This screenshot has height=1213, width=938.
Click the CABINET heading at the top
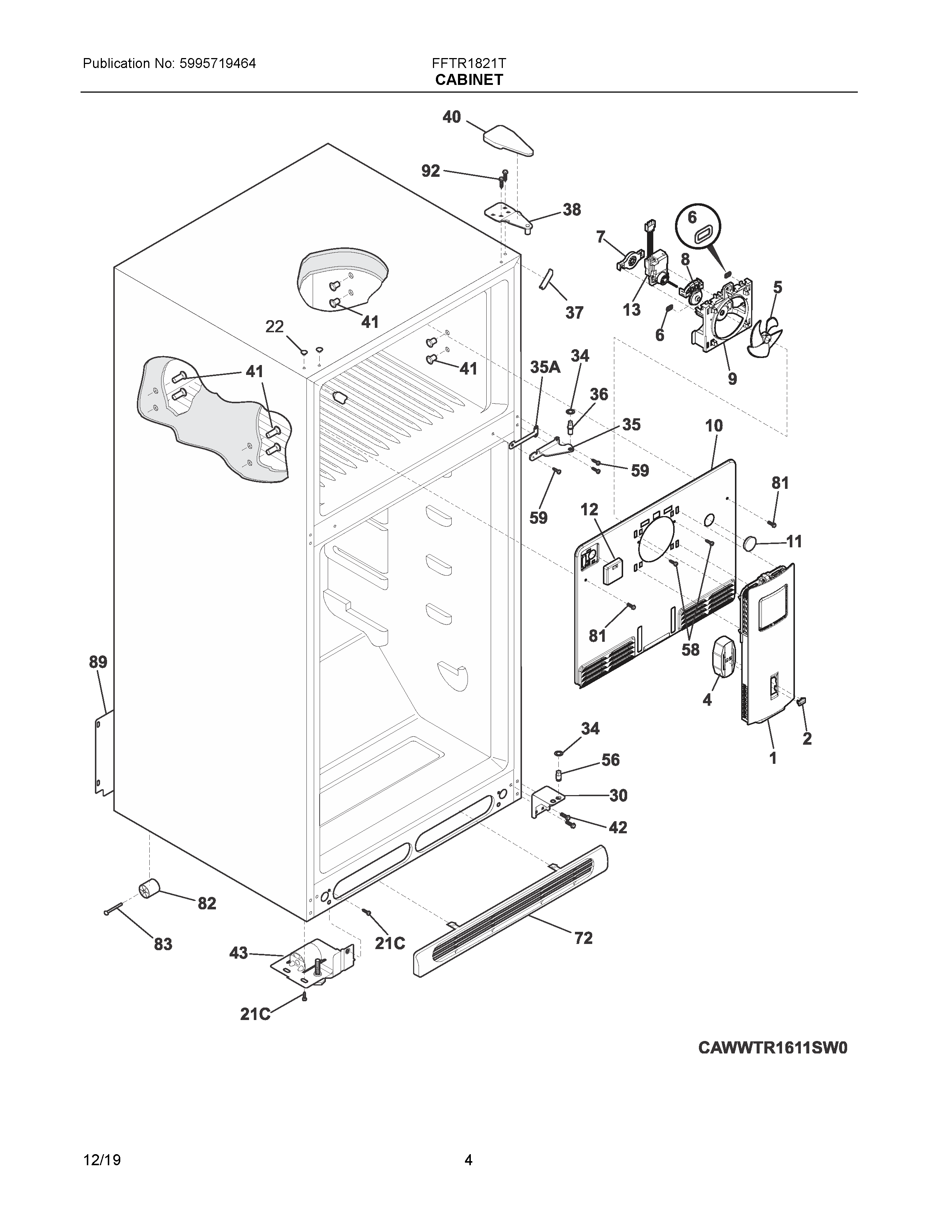[468, 80]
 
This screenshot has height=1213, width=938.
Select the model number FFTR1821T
[468, 63]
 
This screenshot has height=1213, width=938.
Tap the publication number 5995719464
[217, 63]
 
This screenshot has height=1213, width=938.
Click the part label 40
[452, 117]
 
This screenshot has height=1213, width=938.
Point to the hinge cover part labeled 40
[508, 140]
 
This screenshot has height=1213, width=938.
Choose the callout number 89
[98, 662]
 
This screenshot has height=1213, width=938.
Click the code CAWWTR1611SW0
[772, 1048]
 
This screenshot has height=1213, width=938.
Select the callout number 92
[431, 171]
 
